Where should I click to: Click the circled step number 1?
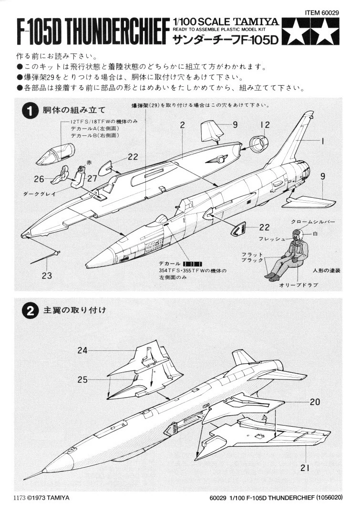[30, 111]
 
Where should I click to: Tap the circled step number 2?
[30, 310]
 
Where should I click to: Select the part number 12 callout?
[265, 125]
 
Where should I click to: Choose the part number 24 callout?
[83, 350]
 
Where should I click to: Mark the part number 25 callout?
[83, 379]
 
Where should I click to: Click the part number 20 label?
[314, 402]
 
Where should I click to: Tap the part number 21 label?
[306, 468]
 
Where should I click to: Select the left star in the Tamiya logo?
[298, 32]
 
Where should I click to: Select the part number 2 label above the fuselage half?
[182, 125]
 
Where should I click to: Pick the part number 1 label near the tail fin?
[323, 141]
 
